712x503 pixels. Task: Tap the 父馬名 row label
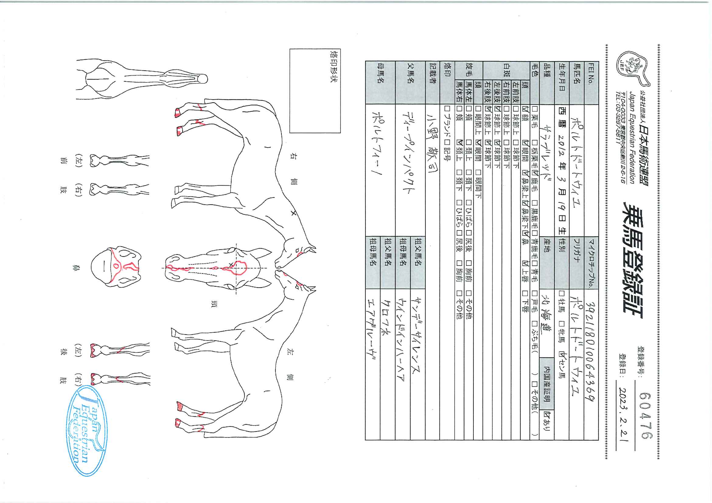[410, 82]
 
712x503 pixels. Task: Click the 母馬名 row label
[380, 82]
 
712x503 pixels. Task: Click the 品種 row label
[546, 82]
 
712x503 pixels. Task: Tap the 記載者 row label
[432, 82]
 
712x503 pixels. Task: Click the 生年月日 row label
[561, 82]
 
